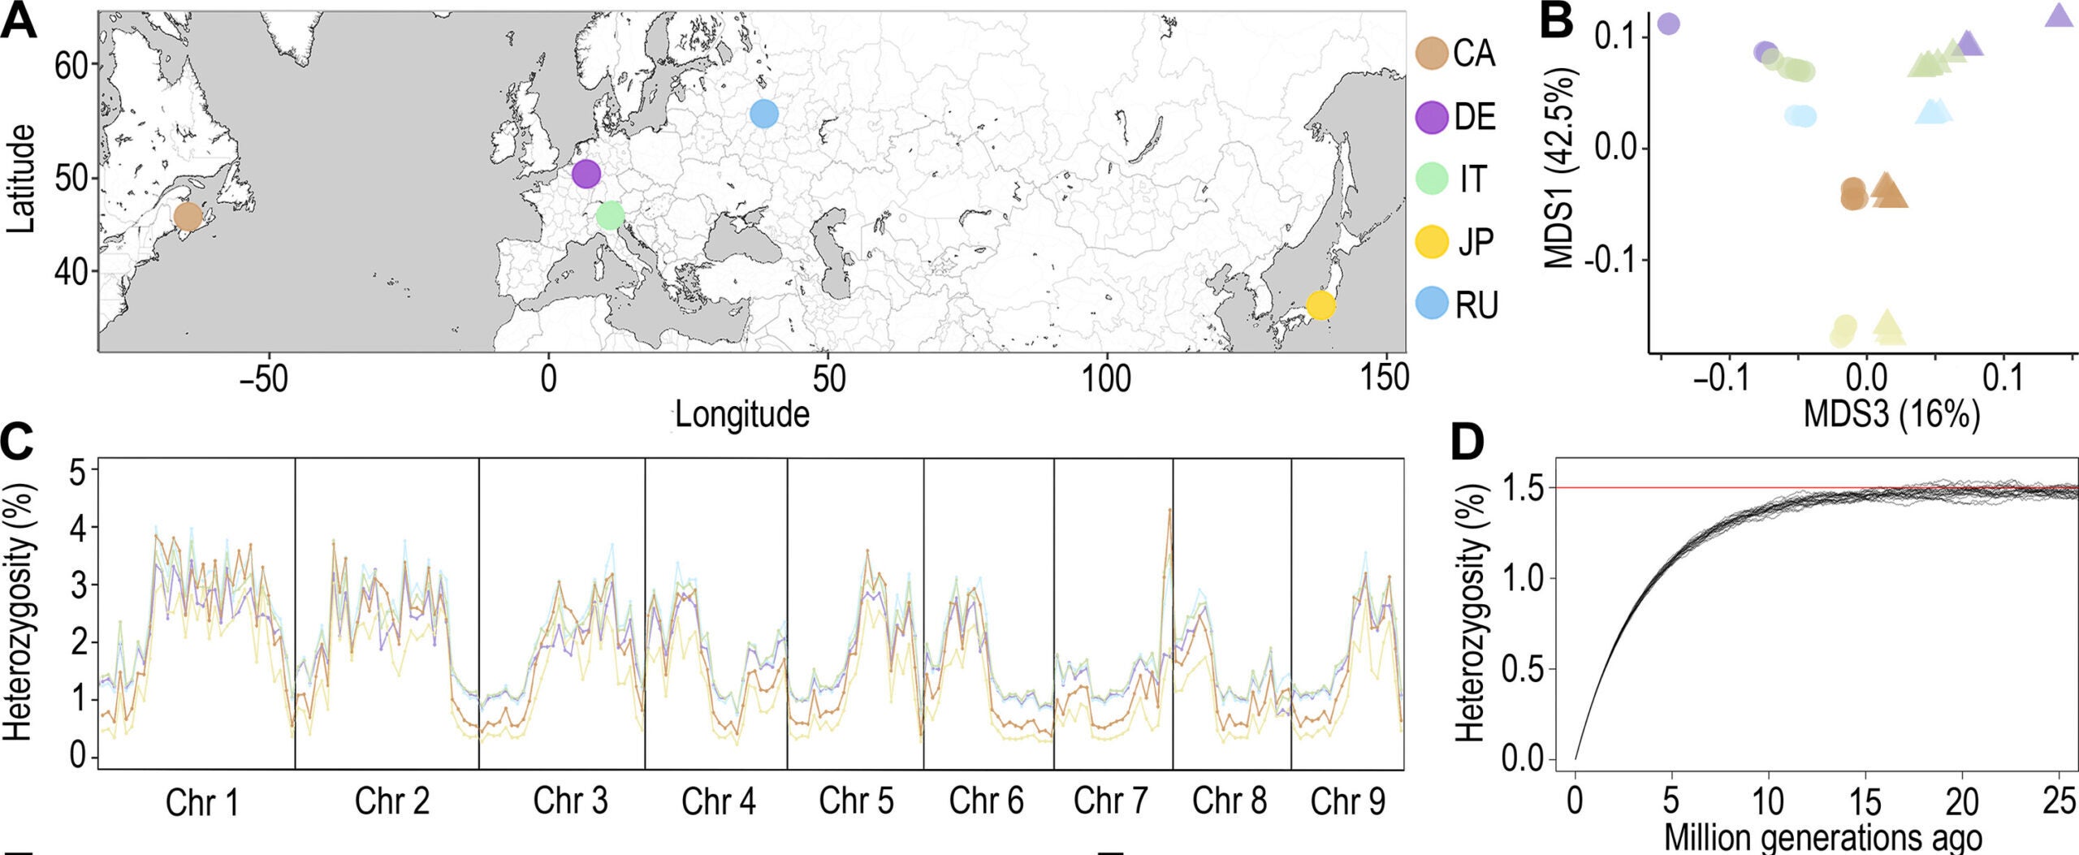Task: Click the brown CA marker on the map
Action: pyautogui.click(x=188, y=217)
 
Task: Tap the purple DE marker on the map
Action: pyautogui.click(x=586, y=173)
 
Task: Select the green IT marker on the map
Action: pyautogui.click(x=610, y=215)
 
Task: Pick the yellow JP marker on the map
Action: pyautogui.click(x=1320, y=305)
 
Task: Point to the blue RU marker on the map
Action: pyautogui.click(x=764, y=114)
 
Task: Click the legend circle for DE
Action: pyautogui.click(x=1432, y=117)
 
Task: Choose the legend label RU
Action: pyautogui.click(x=1476, y=305)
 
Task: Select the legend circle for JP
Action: pyautogui.click(x=1432, y=242)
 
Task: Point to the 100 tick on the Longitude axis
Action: pyautogui.click(x=1107, y=379)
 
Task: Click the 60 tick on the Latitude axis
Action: pyautogui.click(x=71, y=65)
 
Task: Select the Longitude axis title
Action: pyautogui.click(x=742, y=414)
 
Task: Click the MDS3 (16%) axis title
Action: pyautogui.click(x=1891, y=414)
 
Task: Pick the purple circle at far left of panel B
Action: pyautogui.click(x=1668, y=24)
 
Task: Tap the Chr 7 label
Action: pyautogui.click(x=1110, y=801)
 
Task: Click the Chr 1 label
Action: pyautogui.click(x=202, y=802)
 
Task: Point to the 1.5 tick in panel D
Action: pyautogui.click(x=1524, y=488)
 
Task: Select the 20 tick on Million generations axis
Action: pyautogui.click(x=1961, y=801)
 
